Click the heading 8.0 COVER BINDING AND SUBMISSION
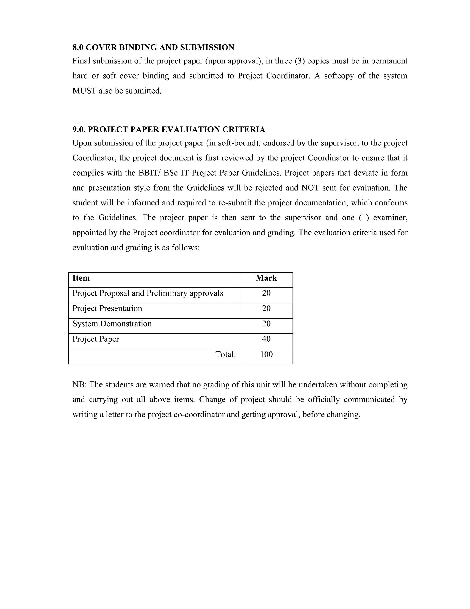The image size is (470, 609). point(153,47)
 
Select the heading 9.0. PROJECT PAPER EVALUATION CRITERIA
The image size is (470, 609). point(169,130)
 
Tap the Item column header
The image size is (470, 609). point(81,278)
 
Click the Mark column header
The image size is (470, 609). point(266,278)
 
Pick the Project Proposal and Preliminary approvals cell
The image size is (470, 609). point(148,293)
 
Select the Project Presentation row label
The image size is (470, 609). point(107,308)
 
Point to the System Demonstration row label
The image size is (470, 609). point(112,324)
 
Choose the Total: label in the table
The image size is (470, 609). point(226,354)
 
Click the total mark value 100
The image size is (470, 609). point(266,354)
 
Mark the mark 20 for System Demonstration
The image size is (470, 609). point(266,324)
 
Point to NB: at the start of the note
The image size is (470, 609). point(80,385)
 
